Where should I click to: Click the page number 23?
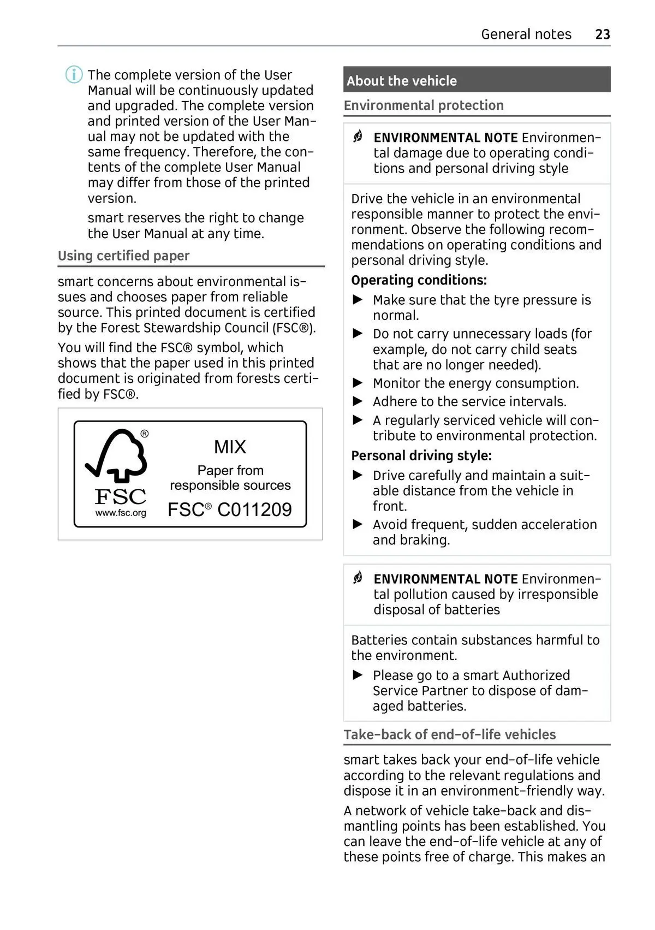click(602, 34)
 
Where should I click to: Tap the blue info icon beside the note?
click(74, 74)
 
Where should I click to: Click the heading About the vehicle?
click(402, 81)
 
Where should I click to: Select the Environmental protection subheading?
click(424, 105)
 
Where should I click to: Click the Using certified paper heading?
click(124, 256)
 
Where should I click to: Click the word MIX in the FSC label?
click(230, 447)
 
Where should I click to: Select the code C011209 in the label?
click(254, 510)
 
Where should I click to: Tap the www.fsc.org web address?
click(121, 513)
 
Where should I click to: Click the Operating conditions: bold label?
click(419, 280)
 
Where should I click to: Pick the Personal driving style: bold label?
click(421, 455)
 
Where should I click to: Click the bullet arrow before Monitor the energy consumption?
click(358, 383)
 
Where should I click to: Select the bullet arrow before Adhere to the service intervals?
click(358, 401)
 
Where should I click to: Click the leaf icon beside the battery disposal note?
click(358, 577)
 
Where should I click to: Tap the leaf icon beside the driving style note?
click(358, 137)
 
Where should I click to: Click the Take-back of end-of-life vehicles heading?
click(450, 734)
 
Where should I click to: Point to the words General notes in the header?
click(526, 34)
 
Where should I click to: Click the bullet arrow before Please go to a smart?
click(358, 675)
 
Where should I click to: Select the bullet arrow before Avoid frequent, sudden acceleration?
click(358, 524)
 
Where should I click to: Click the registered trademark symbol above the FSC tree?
click(145, 434)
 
